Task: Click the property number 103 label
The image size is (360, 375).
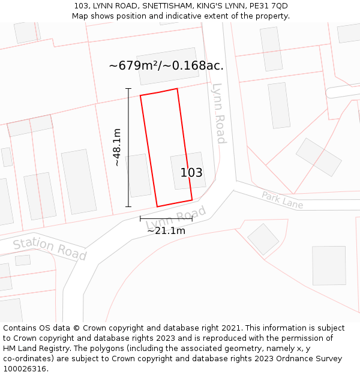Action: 191,173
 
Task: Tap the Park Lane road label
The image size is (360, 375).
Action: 282,200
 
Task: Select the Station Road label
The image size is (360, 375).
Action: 50,248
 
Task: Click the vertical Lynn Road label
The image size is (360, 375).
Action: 219,113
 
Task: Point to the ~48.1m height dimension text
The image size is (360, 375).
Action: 117,147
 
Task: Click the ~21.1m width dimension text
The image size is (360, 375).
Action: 166,230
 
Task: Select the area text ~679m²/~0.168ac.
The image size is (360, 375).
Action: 166,65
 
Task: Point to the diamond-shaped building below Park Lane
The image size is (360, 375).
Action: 263,239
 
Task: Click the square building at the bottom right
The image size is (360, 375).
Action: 329,265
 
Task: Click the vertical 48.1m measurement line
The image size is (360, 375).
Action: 128,148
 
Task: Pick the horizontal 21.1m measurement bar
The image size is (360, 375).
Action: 166,219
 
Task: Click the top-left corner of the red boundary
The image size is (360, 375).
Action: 140,95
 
